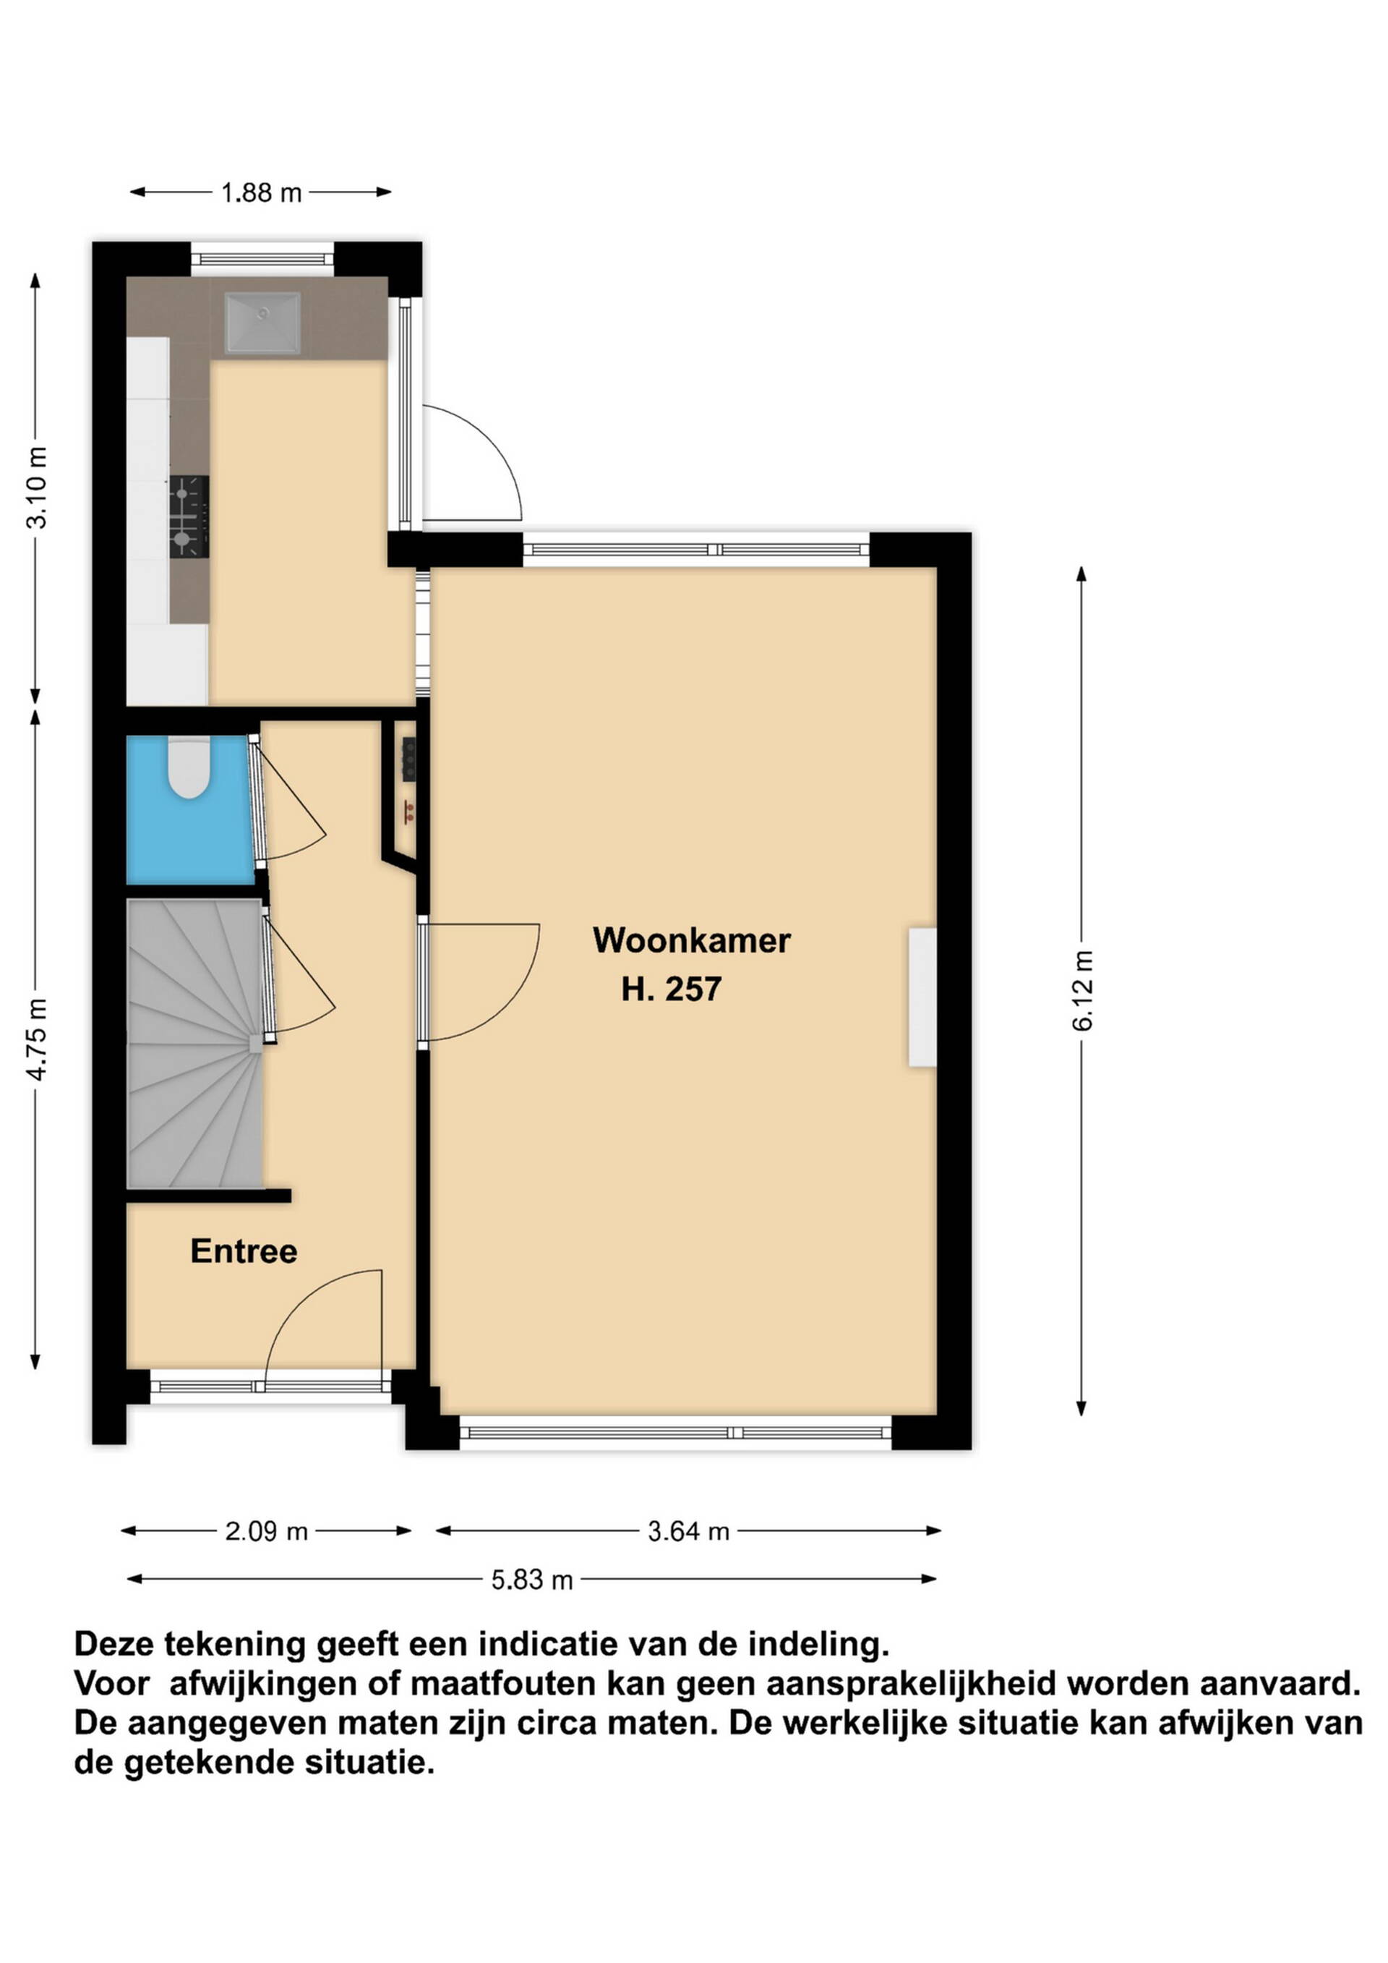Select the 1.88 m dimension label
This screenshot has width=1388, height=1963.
tap(262, 192)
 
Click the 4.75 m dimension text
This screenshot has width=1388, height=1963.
tap(38, 1039)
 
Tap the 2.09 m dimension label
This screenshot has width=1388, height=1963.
tap(266, 1531)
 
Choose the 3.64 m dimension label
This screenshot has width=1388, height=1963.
tap(688, 1531)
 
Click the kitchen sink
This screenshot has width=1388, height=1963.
tap(262, 323)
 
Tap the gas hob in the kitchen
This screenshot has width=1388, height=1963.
tap(189, 517)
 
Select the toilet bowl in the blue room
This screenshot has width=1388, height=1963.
tap(189, 767)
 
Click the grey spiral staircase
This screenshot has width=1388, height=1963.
tap(195, 1044)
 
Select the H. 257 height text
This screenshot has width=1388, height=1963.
tap(671, 989)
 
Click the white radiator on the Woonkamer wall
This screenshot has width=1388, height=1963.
tap(922, 997)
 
